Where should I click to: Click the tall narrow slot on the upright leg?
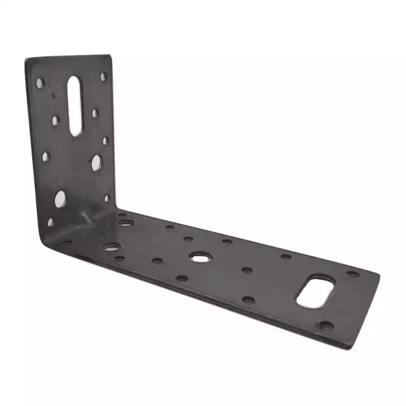75,106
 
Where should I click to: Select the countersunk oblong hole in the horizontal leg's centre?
199,257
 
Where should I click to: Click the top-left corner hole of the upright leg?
40,82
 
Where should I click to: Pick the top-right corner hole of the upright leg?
104,77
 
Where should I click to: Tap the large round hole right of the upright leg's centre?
96,162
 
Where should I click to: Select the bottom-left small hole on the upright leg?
50,222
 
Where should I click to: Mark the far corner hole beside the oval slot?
353,274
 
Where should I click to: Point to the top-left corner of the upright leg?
26,59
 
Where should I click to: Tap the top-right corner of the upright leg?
111,55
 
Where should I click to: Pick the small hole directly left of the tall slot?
55,120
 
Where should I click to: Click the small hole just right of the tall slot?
95,113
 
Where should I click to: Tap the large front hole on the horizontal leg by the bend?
111,247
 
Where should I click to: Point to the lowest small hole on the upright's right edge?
107,198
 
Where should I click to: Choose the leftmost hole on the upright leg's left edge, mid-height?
46,156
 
